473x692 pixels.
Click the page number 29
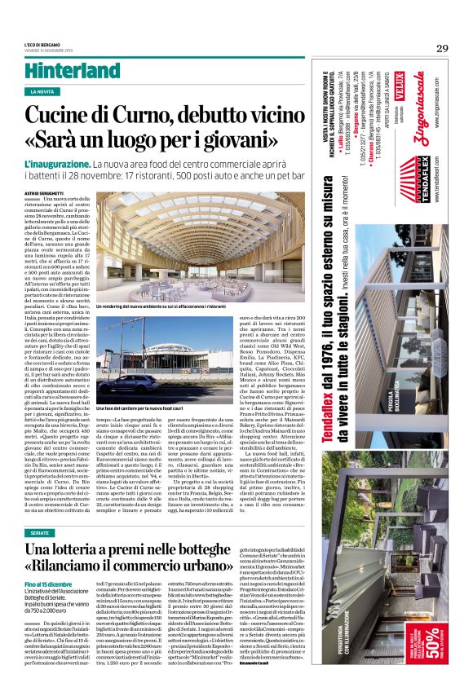pos(441,47)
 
